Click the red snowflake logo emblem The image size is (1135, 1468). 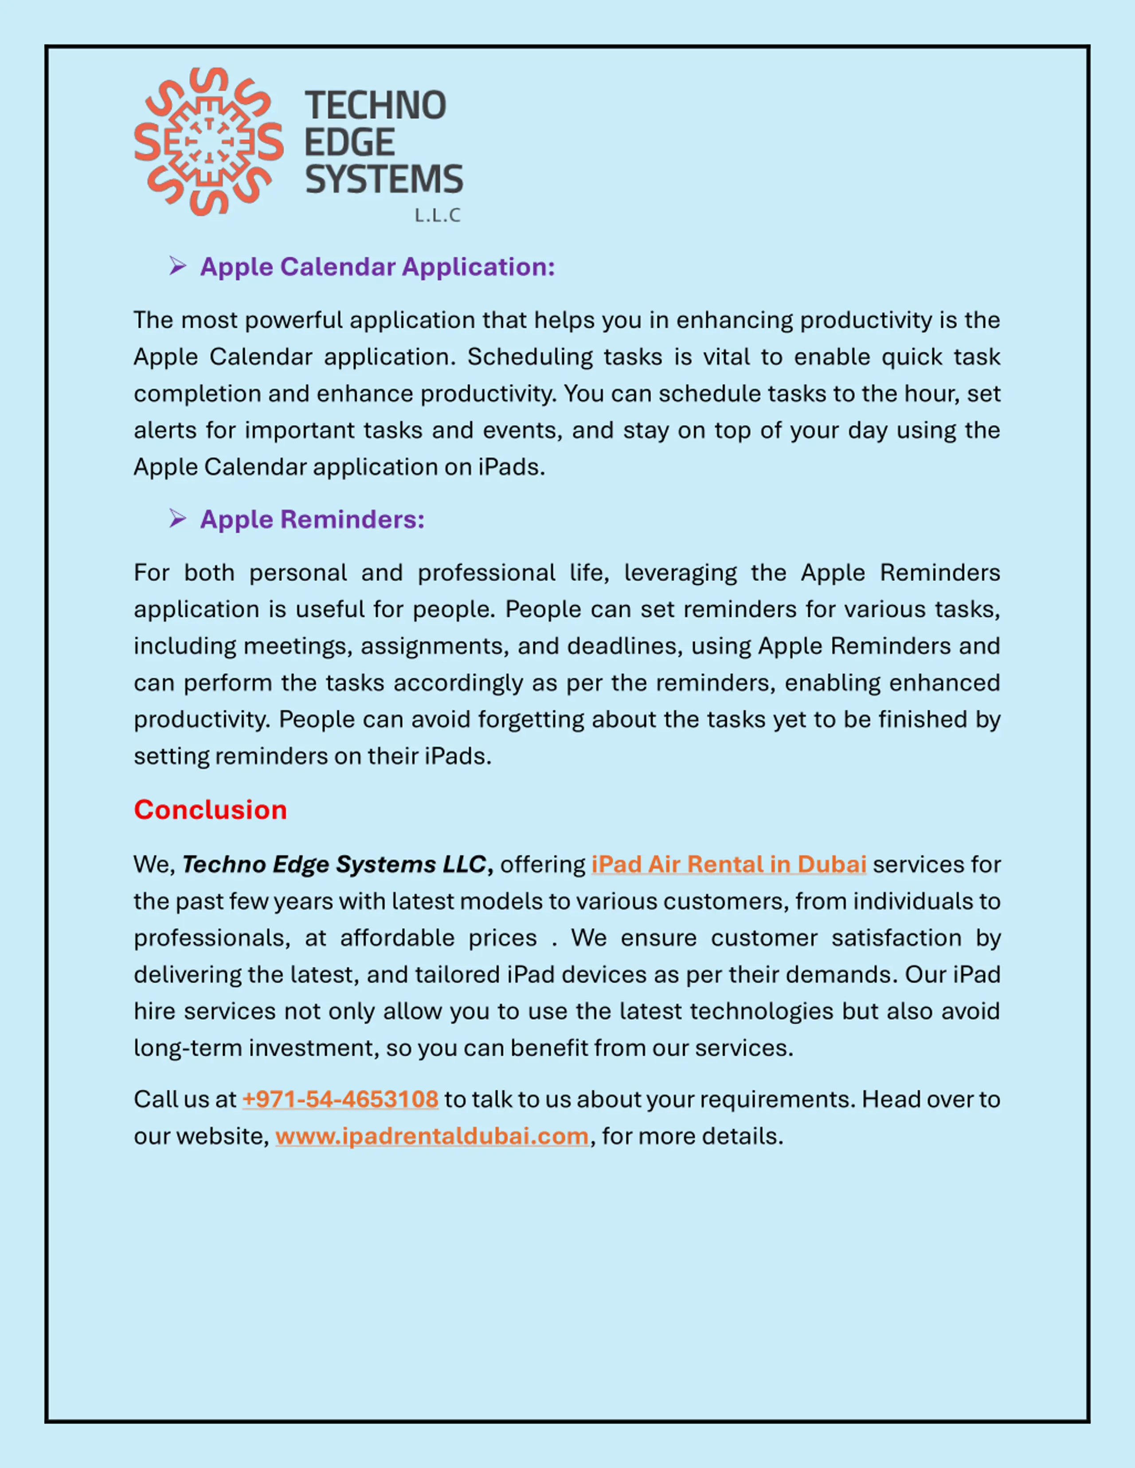click(x=208, y=142)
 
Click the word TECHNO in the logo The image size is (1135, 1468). click(x=375, y=106)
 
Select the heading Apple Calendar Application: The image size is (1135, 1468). click(x=377, y=267)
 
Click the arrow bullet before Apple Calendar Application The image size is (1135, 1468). click(x=177, y=266)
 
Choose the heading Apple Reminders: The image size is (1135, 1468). click(x=312, y=520)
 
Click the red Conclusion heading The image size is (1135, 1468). click(x=210, y=810)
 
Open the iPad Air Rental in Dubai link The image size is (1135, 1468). click(x=728, y=864)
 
